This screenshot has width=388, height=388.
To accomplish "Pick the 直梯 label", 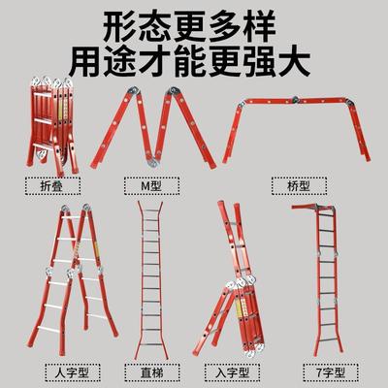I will tap(146, 371).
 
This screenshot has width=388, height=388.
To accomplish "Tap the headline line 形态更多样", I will tap(194, 23).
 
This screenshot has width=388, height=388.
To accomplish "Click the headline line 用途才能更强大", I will tap(194, 60).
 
